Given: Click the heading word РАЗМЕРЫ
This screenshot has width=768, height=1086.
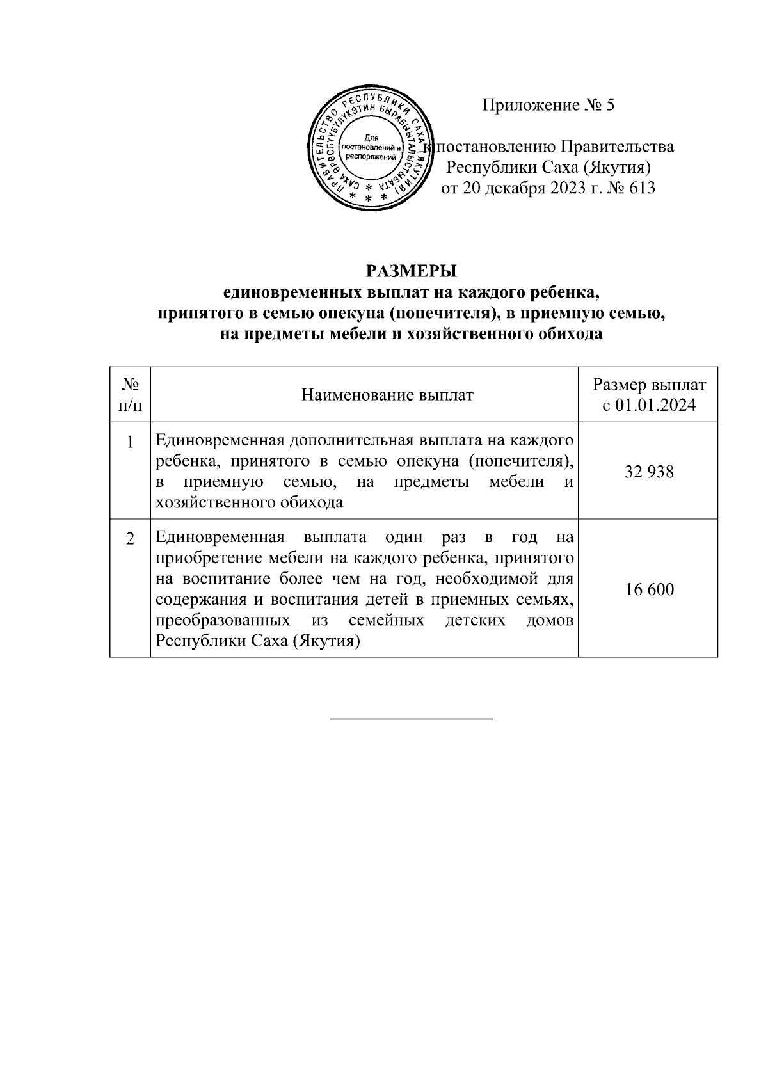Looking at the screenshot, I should [411, 271].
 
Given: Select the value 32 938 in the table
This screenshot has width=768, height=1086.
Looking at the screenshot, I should [649, 472].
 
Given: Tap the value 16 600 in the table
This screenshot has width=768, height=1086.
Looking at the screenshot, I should [649, 589].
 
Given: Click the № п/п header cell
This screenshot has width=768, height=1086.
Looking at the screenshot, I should [131, 395].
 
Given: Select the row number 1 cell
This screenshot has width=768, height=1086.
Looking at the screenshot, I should [131, 443].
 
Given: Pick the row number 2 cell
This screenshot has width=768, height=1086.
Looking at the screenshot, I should [131, 539].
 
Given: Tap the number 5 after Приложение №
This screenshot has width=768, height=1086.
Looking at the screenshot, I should [609, 105].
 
